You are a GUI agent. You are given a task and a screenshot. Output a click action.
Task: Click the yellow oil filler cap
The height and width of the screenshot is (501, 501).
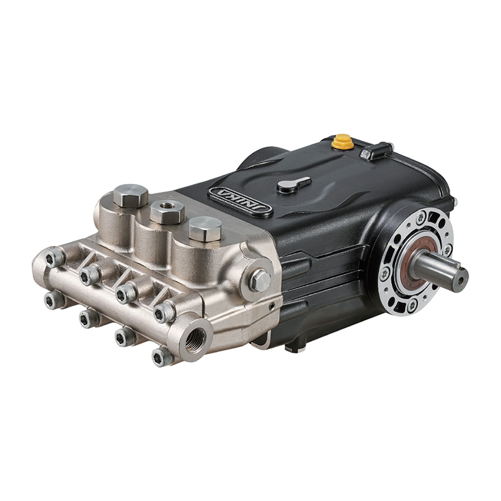pyautogui.click(x=342, y=142)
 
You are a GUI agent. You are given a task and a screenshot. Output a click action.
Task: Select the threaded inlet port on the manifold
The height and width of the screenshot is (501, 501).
pyautogui.click(x=195, y=338)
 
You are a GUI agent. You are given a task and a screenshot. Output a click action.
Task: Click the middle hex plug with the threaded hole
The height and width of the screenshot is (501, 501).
pyautogui.click(x=167, y=211)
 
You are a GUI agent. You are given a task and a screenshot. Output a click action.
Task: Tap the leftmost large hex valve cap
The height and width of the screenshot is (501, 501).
pyautogui.click(x=130, y=195)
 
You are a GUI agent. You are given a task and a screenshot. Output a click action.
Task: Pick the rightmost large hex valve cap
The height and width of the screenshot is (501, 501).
pyautogui.click(x=205, y=228)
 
